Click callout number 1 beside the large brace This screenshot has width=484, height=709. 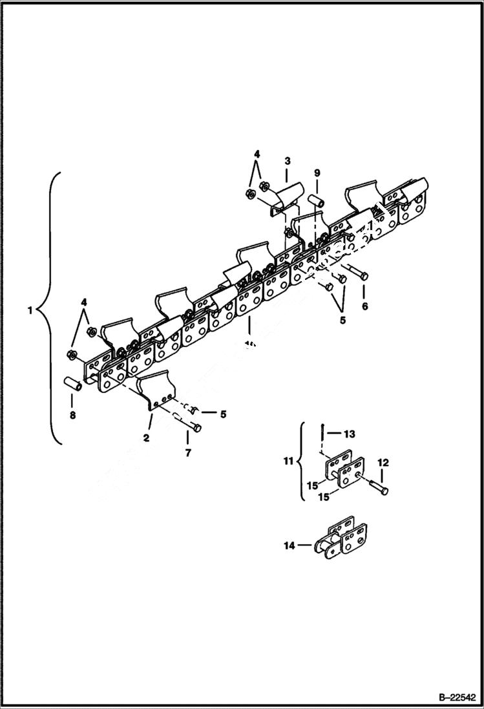tap(30, 310)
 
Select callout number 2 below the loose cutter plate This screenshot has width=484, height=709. tap(147, 438)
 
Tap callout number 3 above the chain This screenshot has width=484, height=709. tap(288, 160)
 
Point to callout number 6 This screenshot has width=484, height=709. tap(364, 306)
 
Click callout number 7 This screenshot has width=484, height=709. tap(188, 453)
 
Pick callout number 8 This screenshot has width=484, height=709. tap(72, 416)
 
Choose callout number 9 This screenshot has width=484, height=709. tap(317, 173)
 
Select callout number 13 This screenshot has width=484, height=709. tap(350, 434)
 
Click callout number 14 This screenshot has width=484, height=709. tap(288, 546)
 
